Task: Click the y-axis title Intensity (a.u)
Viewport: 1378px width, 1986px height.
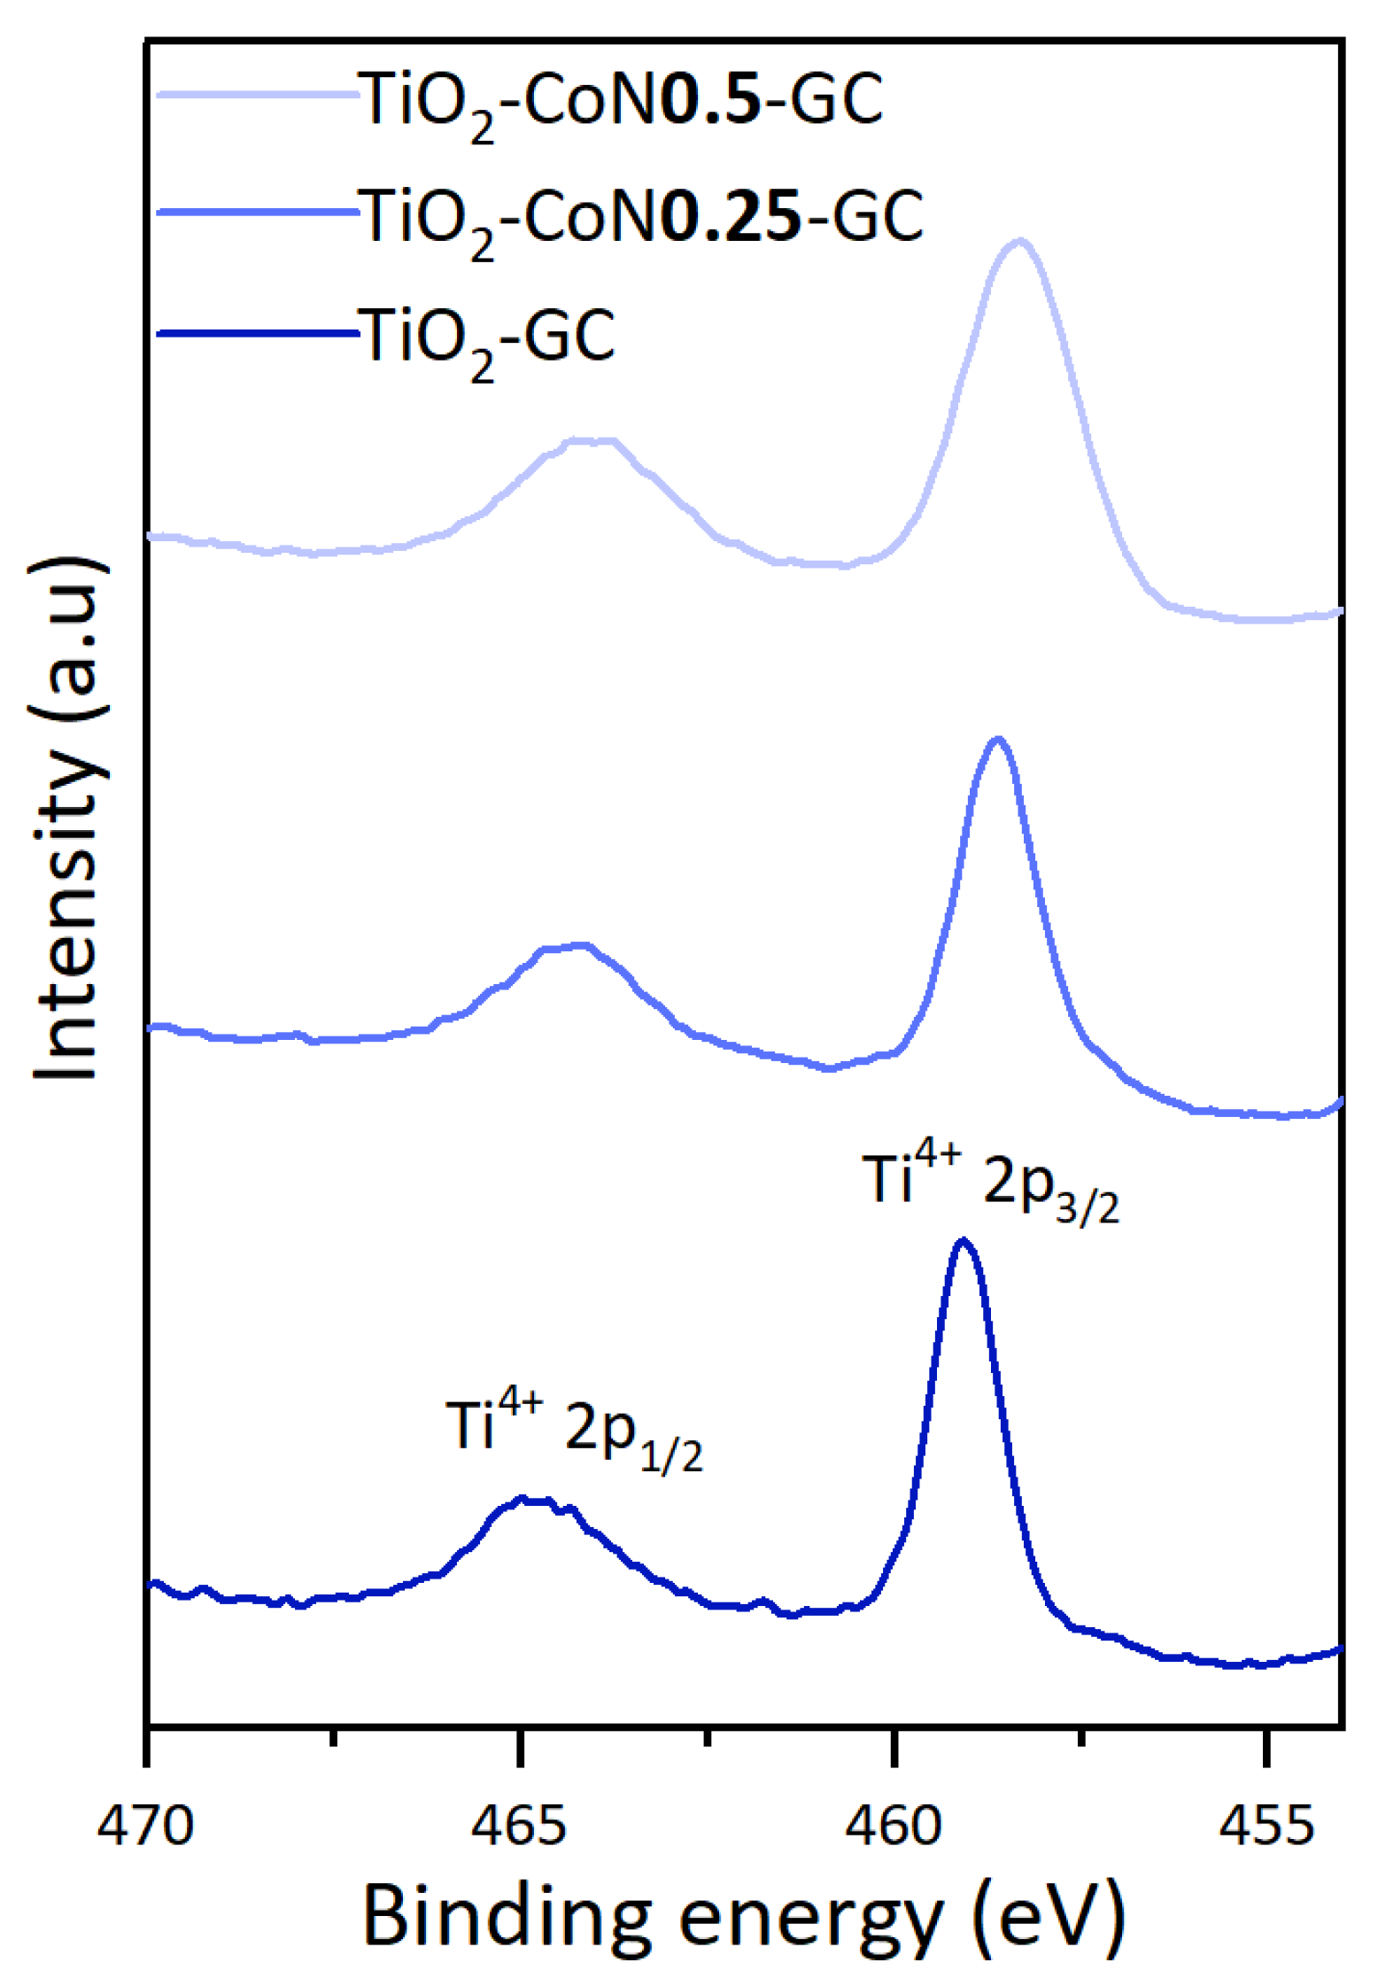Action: tap(66, 819)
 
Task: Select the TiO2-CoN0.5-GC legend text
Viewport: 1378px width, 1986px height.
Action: tap(620, 99)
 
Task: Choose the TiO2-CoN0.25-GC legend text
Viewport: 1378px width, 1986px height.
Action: tap(640, 218)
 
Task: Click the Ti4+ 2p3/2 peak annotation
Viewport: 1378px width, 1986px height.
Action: tap(990, 1183)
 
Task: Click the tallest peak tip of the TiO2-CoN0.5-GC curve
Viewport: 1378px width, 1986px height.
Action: tap(1020, 240)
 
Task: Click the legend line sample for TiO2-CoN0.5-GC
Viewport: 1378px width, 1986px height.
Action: tap(257, 92)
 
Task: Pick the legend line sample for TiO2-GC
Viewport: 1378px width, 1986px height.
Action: tap(257, 333)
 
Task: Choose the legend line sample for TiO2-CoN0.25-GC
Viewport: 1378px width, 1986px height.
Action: tap(257, 212)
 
